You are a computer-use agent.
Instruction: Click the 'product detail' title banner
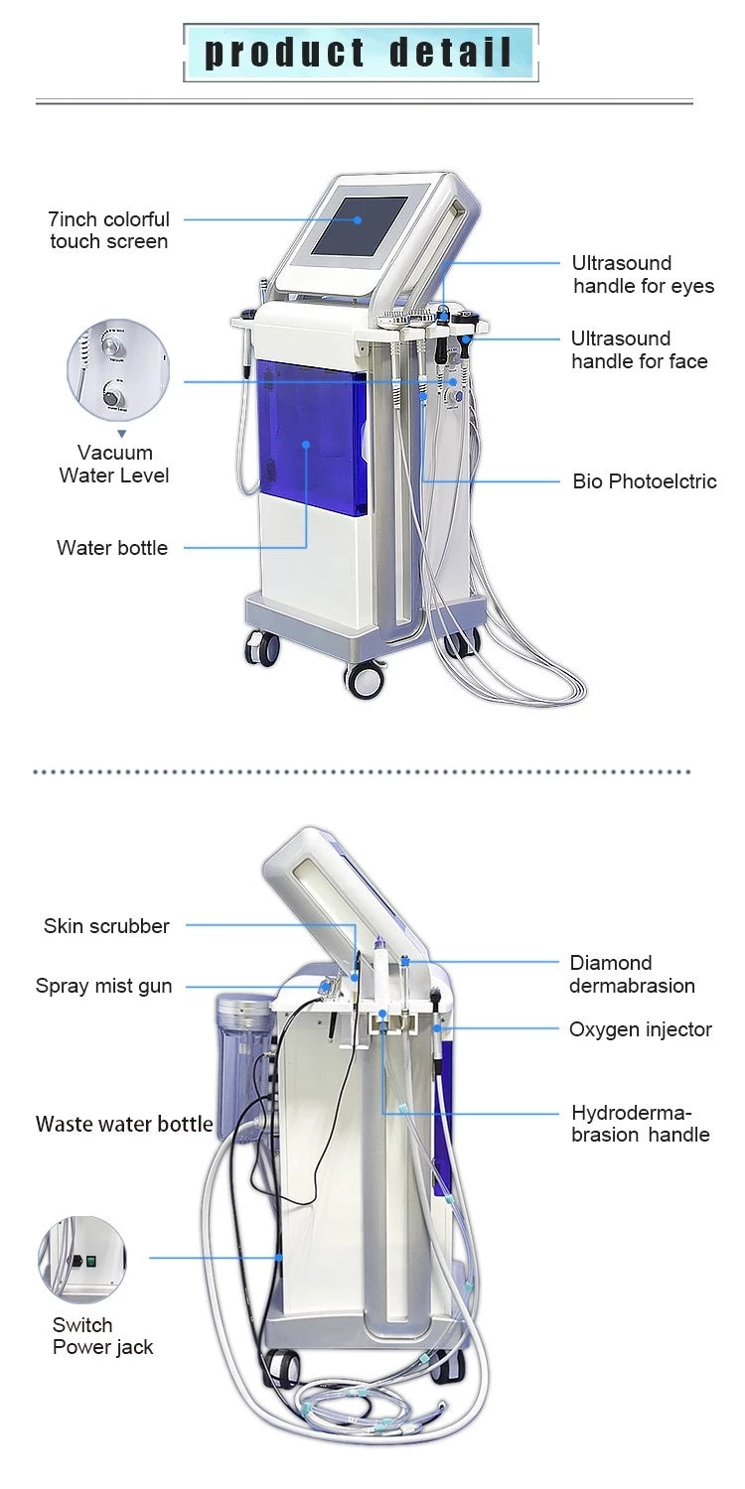[x=361, y=53]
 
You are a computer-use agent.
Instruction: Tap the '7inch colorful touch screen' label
[x=109, y=230]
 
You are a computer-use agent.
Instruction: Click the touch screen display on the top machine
[x=361, y=236]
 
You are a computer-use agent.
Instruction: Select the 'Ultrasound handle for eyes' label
[x=643, y=275]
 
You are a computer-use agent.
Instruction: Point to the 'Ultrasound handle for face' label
[x=639, y=350]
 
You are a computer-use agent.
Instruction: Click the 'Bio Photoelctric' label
[x=644, y=481]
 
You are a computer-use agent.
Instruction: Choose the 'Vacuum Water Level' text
[x=114, y=465]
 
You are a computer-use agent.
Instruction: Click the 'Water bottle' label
[x=112, y=548]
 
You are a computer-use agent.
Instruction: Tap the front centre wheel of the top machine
[x=364, y=679]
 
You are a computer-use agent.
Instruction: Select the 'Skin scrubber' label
[x=106, y=926]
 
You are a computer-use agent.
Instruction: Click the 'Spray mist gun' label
[x=103, y=986]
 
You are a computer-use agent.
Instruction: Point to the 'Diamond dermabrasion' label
[x=632, y=974]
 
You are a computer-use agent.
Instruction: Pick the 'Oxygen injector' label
[x=640, y=1029]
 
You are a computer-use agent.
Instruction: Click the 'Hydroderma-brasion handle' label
[x=640, y=1124]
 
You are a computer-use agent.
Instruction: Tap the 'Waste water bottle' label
[x=124, y=1124]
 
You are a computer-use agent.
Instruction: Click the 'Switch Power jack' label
[x=102, y=1336]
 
